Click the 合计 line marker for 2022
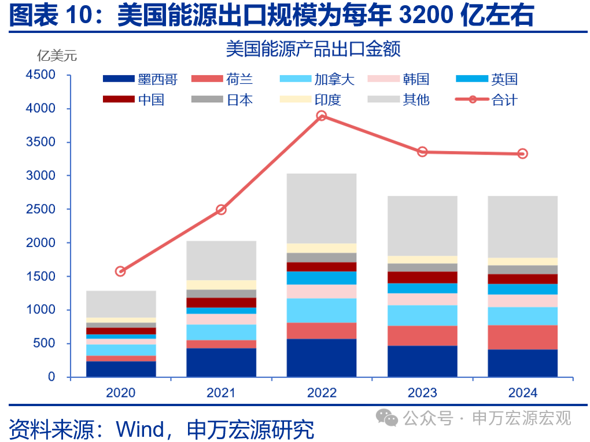coord(322,116)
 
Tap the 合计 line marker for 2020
coord(120,271)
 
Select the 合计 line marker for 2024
coord(522,154)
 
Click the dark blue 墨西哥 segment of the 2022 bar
coord(322,358)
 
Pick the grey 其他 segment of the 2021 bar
coord(221,260)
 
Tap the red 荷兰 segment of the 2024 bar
coord(522,337)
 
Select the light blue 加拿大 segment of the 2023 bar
coord(422,315)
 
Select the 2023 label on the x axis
coord(422,393)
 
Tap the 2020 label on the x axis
coord(120,393)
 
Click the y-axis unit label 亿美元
coord(57,56)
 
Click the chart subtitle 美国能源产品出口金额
coord(313,49)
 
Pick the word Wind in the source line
coord(140,429)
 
